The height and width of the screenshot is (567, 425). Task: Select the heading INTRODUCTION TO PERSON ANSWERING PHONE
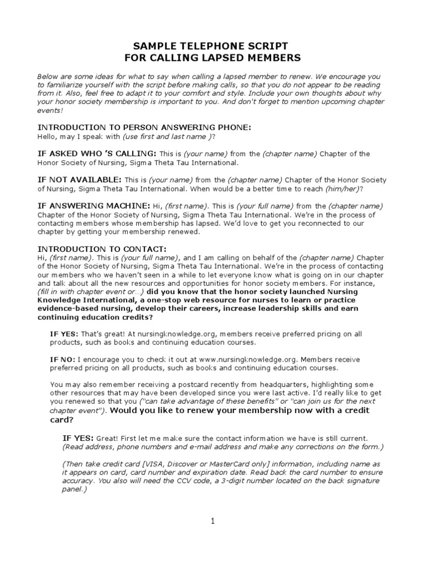pos(144,127)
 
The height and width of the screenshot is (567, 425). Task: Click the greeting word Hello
pos(47,137)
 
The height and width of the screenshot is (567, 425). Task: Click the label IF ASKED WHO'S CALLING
pos(97,153)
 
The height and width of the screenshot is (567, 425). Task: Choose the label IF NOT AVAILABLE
pos(79,180)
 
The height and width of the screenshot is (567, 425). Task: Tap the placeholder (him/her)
pos(343,189)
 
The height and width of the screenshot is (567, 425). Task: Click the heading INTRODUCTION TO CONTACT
pos(101,249)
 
